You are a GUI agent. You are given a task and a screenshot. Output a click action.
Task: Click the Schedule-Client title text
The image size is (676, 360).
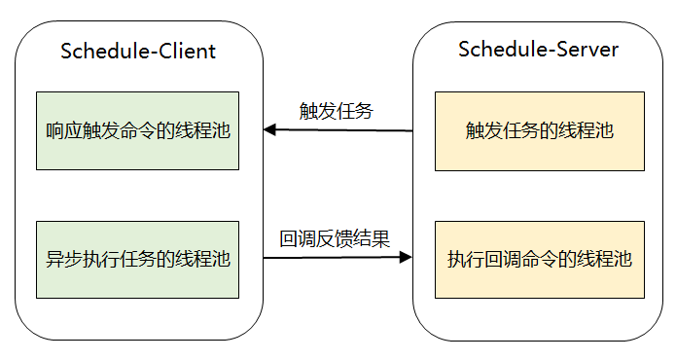click(138, 52)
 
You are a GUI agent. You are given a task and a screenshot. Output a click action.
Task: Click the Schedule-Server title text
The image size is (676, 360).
click(537, 49)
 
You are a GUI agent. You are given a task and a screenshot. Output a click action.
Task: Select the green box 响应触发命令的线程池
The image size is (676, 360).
click(137, 131)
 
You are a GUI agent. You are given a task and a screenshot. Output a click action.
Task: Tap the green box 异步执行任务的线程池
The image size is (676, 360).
click(137, 259)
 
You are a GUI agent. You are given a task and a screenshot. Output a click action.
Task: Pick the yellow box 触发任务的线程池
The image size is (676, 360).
click(539, 131)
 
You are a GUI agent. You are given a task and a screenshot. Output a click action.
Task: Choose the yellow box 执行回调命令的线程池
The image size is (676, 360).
click(539, 259)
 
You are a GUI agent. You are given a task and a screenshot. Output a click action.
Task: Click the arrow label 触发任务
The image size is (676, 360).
click(336, 111)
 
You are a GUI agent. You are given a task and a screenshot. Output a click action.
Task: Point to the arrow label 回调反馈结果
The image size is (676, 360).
click(336, 238)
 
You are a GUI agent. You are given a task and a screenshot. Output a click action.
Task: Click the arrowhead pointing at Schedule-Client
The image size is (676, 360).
click(270, 130)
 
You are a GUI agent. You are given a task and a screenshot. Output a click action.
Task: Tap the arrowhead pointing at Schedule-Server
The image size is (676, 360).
click(406, 259)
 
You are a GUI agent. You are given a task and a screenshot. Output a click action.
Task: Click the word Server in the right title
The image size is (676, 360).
click(588, 49)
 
